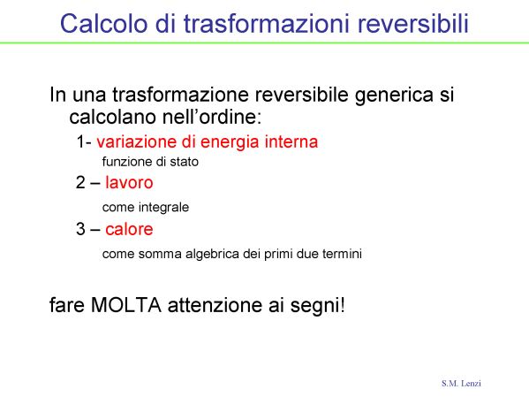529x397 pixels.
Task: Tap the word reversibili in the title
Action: [413, 23]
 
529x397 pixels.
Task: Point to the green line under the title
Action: [265, 43]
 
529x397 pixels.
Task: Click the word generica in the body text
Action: [394, 95]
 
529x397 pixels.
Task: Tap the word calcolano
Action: [113, 117]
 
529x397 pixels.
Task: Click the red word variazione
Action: [137, 141]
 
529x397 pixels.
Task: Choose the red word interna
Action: [291, 141]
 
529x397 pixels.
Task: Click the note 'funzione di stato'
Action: [150, 162]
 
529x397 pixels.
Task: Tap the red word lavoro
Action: [129, 182]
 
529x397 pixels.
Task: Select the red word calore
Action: [129, 229]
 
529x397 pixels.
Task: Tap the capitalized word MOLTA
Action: [126, 305]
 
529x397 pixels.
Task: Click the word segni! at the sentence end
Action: [317, 306]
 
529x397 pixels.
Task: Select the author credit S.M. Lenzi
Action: [461, 383]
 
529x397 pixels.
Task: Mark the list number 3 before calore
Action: [80, 229]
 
